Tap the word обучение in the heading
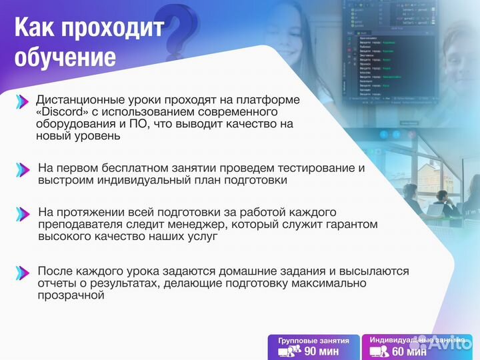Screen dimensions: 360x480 click(65, 57)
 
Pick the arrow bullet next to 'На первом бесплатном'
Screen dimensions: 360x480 click(23, 169)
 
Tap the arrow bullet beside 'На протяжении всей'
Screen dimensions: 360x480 click(23, 213)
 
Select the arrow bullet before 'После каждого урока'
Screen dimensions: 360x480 click(23, 272)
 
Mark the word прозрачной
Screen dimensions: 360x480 click(72, 295)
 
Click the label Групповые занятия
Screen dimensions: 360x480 click(313, 340)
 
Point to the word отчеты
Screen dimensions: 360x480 click(57, 283)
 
